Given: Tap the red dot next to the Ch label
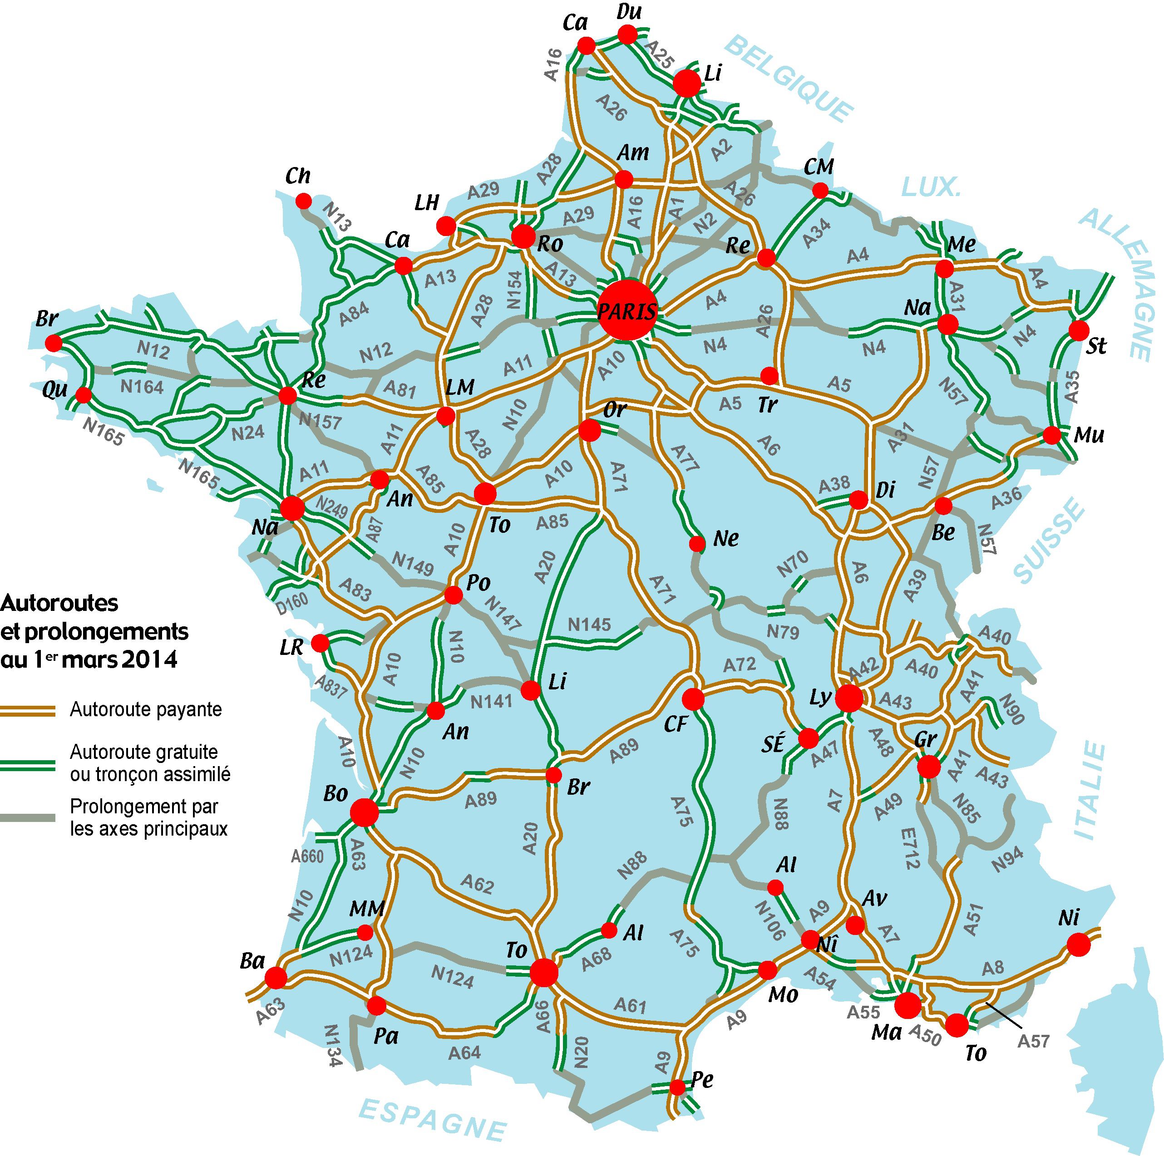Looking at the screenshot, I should click(x=303, y=200).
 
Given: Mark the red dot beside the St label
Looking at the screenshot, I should click(x=1079, y=330).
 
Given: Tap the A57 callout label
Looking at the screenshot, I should click(x=1033, y=1040).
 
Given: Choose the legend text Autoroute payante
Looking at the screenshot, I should click(x=146, y=710).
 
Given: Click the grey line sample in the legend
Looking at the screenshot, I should click(x=28, y=817).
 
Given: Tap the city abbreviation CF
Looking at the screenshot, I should click(x=676, y=723).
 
